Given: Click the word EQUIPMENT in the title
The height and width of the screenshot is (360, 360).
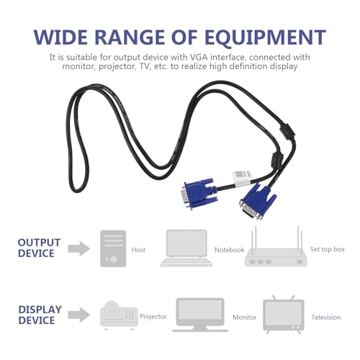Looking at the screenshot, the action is click(265, 37).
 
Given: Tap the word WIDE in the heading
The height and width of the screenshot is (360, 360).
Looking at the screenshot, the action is click(61, 37).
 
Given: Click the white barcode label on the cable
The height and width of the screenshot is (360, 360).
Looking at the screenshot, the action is click(242, 178).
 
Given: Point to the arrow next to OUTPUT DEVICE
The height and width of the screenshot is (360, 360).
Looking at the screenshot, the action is click(79, 248).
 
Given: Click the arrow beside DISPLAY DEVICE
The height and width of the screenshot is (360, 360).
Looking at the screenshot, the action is click(79, 315).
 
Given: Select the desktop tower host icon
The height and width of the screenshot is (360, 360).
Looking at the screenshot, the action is click(113, 248).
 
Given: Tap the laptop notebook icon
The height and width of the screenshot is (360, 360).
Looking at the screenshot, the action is click(186, 248).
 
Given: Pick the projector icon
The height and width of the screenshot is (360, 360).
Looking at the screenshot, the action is click(119, 315).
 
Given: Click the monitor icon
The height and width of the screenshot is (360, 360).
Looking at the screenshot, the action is click(200, 315).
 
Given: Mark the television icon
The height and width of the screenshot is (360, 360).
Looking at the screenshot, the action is click(284, 315).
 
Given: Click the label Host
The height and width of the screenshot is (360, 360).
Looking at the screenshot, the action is click(138, 250).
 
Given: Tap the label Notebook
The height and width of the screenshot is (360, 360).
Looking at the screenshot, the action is click(229, 250).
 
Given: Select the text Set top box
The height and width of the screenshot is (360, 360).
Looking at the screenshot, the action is click(328, 249).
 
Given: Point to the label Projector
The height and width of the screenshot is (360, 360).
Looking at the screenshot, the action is click(153, 317).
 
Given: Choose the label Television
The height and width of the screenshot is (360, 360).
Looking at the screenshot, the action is click(326, 318).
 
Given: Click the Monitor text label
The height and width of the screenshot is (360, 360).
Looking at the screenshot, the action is click(245, 318).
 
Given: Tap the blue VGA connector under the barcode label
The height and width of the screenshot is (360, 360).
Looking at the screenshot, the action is click(199, 193).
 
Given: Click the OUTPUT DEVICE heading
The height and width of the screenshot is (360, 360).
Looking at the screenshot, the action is click(39, 248).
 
